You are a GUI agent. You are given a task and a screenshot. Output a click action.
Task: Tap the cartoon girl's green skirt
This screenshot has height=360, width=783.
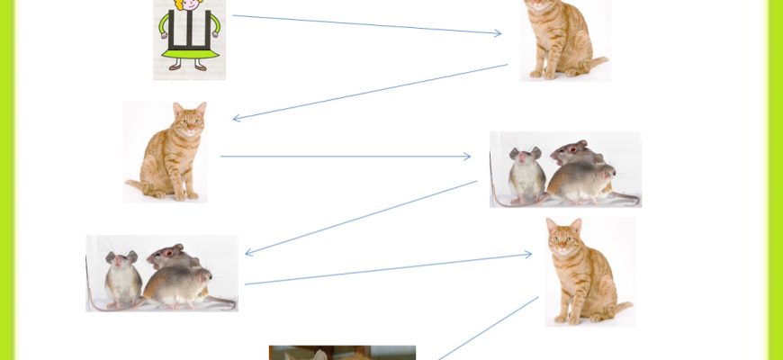pos(189,53)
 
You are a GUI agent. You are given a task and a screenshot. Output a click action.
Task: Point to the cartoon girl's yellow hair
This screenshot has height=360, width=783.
pos(189,4)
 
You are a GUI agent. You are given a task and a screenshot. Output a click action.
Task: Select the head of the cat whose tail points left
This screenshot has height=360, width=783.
pos(189,119)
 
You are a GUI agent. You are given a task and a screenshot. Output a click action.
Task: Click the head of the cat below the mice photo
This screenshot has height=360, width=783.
pos(563,237)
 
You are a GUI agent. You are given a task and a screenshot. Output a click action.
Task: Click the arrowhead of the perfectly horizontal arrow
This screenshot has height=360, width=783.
pos(466,157)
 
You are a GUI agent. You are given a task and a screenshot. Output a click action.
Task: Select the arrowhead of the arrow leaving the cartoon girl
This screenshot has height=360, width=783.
pos(497,33)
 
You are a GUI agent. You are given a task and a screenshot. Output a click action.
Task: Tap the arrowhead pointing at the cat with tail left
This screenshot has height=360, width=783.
pos(238,118)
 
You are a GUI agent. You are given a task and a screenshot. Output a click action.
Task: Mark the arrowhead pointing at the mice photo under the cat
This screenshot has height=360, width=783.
pos(249,253)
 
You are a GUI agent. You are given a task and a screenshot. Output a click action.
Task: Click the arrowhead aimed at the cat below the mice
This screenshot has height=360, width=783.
pos(527,255)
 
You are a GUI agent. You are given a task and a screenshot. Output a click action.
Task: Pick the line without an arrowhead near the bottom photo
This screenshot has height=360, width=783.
pos(489,328)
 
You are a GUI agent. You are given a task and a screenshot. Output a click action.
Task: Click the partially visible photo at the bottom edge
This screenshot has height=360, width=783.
pos(342,353)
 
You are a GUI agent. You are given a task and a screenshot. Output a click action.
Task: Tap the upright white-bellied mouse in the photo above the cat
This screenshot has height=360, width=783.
pos(526,175)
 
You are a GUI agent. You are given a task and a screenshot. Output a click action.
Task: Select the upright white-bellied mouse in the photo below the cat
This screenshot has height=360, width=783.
pos(121,279)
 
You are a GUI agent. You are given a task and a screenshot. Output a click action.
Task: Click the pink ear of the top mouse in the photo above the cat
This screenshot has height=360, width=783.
pos(581,145)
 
